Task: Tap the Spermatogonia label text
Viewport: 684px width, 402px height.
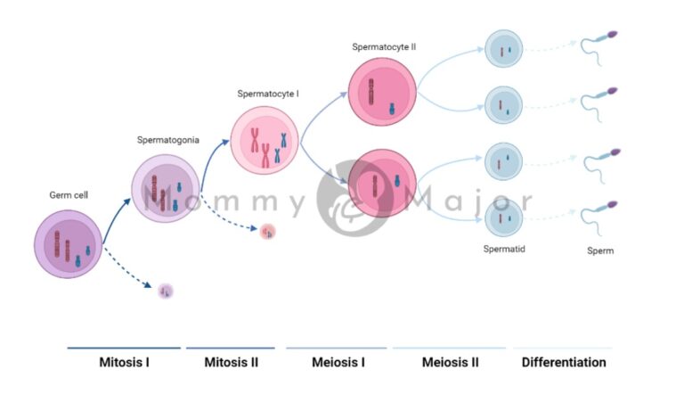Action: pos(167,140)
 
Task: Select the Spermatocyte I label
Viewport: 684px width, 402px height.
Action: pos(268,94)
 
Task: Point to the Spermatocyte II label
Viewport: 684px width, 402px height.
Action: pos(384,46)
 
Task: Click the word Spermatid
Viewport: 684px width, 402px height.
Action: pos(504,250)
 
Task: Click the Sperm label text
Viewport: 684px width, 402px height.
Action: pos(599,251)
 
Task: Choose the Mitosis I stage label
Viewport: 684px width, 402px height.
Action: pos(124,363)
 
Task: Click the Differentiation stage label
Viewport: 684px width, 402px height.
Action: pos(564,363)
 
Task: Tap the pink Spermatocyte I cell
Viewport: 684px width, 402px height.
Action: pos(263,140)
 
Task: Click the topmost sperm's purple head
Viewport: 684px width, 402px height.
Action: pos(613,36)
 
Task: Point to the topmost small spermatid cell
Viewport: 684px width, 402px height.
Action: pos(502,49)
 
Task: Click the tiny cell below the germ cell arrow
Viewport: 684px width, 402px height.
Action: pos(165,291)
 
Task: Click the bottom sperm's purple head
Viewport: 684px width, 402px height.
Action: pos(614,205)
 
